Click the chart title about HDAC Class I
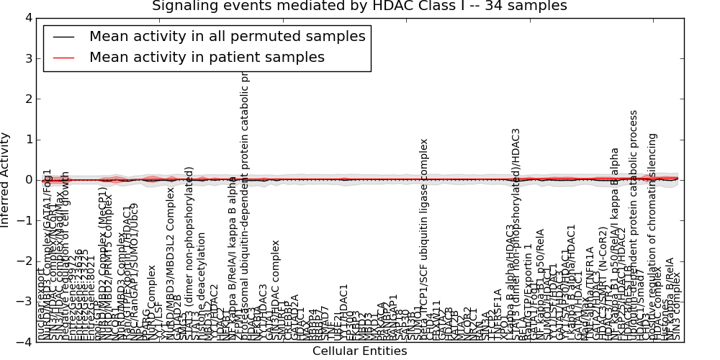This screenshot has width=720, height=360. coord(359,6)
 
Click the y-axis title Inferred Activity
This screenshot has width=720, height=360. coord(6,180)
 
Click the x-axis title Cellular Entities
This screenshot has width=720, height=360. coord(359,351)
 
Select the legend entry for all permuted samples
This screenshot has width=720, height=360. coord(227,36)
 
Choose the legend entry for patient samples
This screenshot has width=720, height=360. coord(207,57)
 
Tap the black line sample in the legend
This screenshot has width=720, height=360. coord(63,37)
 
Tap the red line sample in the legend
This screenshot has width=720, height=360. coord(63,58)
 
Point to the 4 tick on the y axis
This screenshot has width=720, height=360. coord(28,17)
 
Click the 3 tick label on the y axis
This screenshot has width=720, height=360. coord(28,58)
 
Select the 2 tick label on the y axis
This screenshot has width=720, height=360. coord(28,99)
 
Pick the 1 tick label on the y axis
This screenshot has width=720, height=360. coord(28,140)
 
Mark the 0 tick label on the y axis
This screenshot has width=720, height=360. coord(28,180)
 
